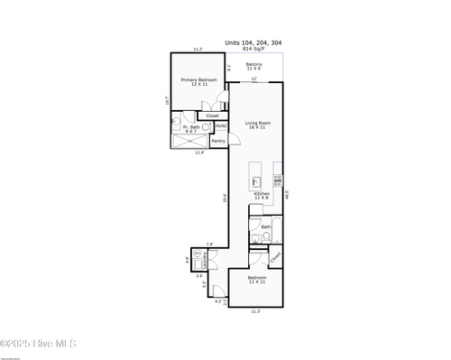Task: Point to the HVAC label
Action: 220,126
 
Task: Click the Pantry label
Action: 218,141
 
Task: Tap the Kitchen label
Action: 262,195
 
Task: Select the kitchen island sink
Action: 255,180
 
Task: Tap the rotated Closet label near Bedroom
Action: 276,258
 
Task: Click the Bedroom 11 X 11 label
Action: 257,281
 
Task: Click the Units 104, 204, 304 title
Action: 253,42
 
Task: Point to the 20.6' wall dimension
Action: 224,200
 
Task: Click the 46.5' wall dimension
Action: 287,193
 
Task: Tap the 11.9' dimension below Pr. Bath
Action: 199,152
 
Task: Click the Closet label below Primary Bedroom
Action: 213,115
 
